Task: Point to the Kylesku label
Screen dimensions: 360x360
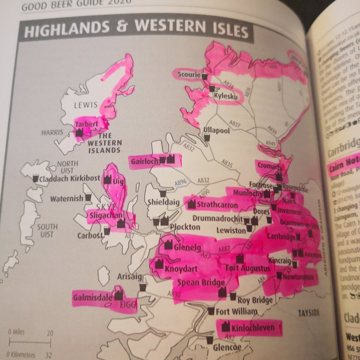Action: pyautogui.click(x=225, y=96)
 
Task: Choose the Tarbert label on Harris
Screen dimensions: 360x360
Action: pyautogui.click(x=86, y=124)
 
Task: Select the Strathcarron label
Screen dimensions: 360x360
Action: pyautogui.click(x=217, y=205)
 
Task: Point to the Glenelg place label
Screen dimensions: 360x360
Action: pyautogui.click(x=187, y=247)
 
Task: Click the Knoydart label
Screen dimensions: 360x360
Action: pyautogui.click(x=181, y=268)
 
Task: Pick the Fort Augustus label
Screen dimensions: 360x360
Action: pyautogui.click(x=248, y=268)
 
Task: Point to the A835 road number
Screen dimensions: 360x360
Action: pyautogui.click(x=227, y=163)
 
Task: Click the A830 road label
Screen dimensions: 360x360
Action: pyautogui.click(x=174, y=294)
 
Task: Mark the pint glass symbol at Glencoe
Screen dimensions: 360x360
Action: pyautogui.click(x=209, y=339)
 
